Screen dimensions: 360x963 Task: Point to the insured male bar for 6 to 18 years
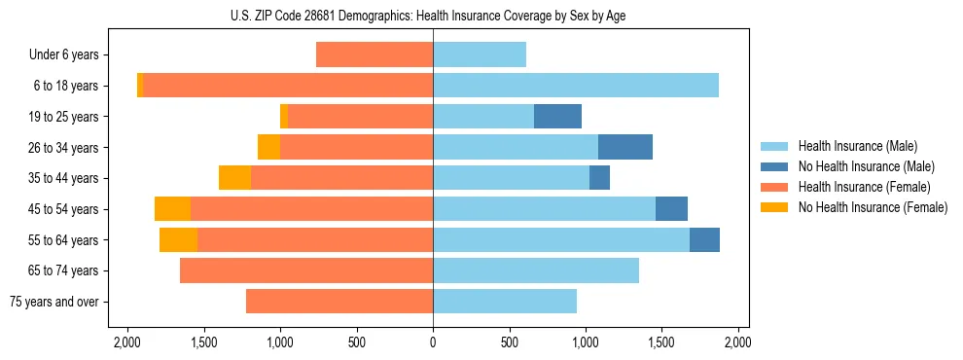[576, 86]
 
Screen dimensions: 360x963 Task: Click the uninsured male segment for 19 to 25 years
[557, 117]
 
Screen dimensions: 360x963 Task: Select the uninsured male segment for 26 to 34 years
[624, 147]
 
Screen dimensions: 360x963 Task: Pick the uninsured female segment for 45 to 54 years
[172, 209]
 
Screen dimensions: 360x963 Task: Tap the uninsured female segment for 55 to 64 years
[178, 239]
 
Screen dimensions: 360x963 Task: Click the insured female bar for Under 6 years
[374, 55]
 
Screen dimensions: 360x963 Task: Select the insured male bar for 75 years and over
[505, 302]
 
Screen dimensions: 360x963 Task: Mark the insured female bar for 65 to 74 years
[306, 270]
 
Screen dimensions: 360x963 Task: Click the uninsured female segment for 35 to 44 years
[234, 178]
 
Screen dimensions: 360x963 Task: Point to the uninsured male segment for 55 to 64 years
[704, 239]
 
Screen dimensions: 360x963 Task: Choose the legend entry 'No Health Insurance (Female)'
[873, 207]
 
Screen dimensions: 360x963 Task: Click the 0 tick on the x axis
[433, 342]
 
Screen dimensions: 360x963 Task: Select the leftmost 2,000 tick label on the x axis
[127, 342]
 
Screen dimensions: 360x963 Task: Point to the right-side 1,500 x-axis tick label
[661, 342]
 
